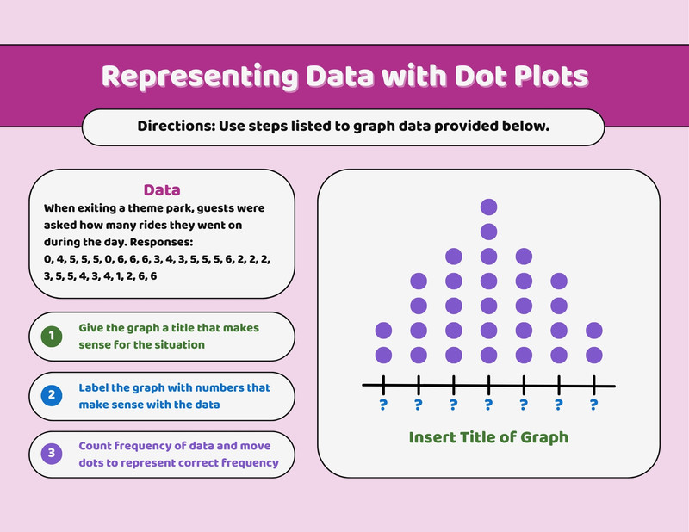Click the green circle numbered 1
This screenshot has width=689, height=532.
(52, 336)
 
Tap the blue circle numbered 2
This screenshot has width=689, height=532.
(52, 395)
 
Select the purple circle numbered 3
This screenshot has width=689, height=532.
(52, 454)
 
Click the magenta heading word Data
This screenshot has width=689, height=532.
(162, 189)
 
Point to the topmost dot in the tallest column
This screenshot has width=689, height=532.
(488, 207)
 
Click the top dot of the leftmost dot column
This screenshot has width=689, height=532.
(383, 331)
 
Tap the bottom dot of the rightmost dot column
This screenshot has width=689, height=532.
(594, 355)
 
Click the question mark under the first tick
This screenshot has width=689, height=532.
(383, 405)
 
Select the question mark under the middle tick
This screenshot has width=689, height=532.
(488, 405)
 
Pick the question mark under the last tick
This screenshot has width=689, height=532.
(594, 405)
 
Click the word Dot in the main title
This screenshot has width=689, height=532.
(481, 76)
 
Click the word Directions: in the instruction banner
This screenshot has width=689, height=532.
(177, 126)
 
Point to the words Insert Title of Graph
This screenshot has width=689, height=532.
(488, 437)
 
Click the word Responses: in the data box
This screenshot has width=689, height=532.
(161, 242)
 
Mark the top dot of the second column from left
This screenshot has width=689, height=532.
(419, 281)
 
